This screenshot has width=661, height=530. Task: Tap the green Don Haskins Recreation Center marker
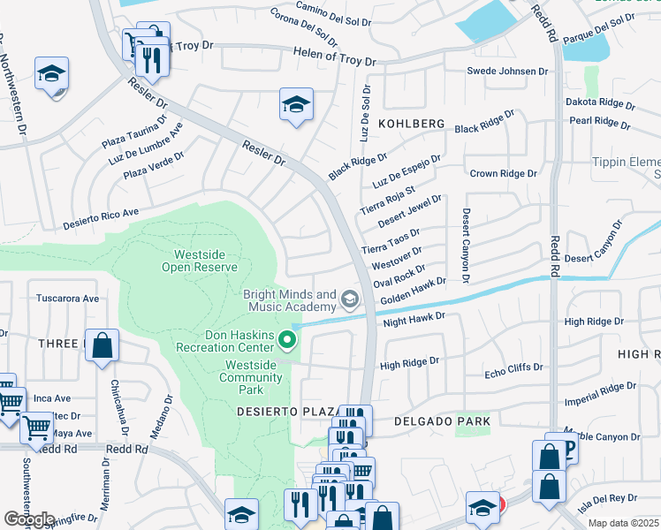pos(286,339)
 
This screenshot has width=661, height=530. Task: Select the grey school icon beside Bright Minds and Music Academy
pos(350,301)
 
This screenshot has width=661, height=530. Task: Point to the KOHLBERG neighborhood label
pos(413,125)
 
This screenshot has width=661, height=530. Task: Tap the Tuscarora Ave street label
pos(67,299)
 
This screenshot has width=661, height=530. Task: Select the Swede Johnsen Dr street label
pos(502,71)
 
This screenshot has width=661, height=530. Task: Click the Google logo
pos(28,519)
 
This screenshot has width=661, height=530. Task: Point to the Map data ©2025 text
pos(624,523)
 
